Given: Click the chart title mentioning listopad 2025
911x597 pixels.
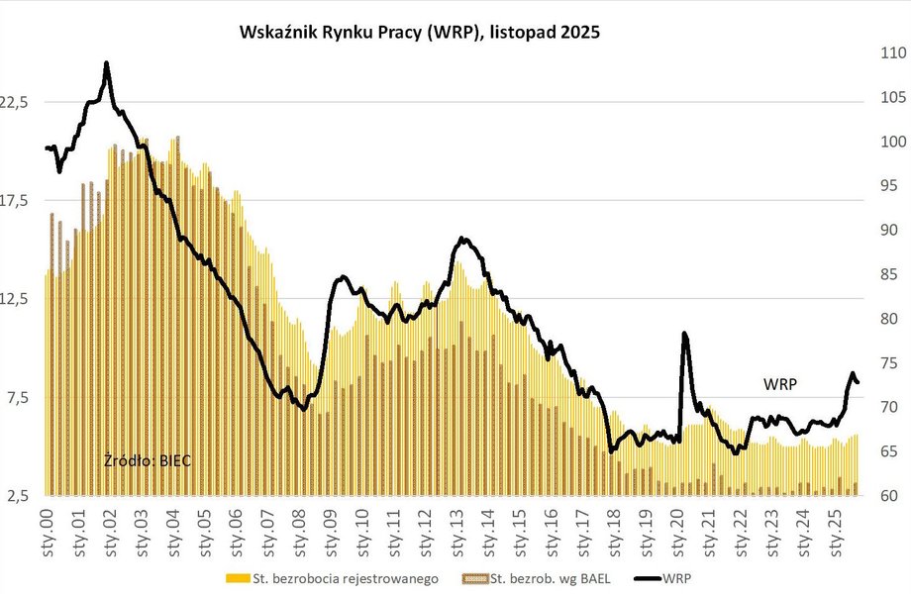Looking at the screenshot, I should coord(421,32).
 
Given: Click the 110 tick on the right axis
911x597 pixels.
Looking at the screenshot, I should coord(886,53).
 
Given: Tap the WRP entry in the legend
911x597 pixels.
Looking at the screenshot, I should coord(678,578).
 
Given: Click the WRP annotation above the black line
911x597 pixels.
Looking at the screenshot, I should coord(781,383).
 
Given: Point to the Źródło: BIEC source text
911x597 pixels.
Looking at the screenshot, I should coord(148,460).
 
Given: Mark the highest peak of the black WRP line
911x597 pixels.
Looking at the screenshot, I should coord(107,64).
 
